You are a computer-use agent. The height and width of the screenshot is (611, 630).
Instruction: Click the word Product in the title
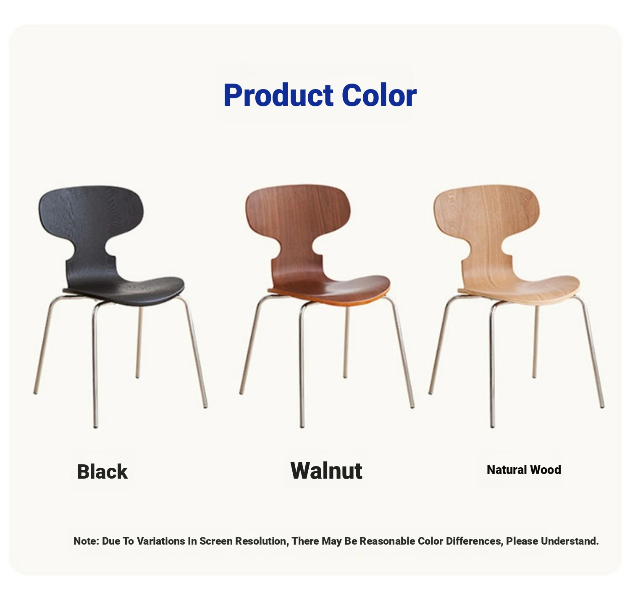pos(278,95)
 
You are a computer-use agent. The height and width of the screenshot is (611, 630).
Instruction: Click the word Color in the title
pos(379,95)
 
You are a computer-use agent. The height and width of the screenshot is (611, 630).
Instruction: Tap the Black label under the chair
pos(102,471)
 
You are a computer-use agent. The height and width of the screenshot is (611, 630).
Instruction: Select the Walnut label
pos(326,471)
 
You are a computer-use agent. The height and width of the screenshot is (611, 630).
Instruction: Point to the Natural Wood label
pos(524,470)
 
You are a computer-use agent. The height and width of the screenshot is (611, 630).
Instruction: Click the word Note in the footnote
pos(86,541)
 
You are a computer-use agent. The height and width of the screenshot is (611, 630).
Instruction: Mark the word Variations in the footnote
pos(161,541)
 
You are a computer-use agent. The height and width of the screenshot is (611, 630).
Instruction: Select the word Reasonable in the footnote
pos(386,541)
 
